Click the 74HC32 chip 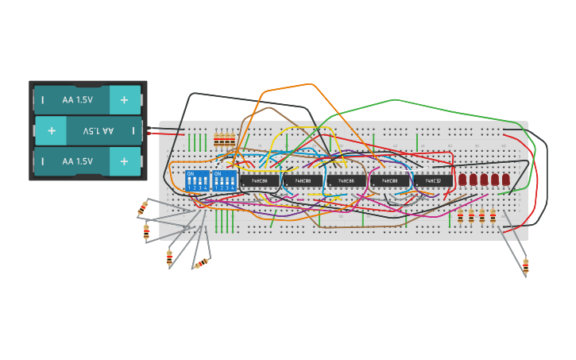click(x=432, y=181)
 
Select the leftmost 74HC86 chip click(x=260, y=181)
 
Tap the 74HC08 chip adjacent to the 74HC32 click(x=389, y=181)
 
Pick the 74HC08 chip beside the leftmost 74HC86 click(x=303, y=181)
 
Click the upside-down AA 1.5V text click(x=99, y=130)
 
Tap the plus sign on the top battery click(x=124, y=100)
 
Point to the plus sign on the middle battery click(x=51, y=130)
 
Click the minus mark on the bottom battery click(x=42, y=161)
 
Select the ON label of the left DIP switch click(x=190, y=172)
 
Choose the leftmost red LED click(x=462, y=180)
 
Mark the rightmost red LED click(x=505, y=180)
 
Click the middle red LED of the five click(x=484, y=180)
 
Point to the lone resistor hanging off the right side click(x=525, y=265)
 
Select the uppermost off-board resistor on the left click(x=142, y=209)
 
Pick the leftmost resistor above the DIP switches click(x=218, y=141)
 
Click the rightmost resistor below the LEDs click(x=493, y=215)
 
